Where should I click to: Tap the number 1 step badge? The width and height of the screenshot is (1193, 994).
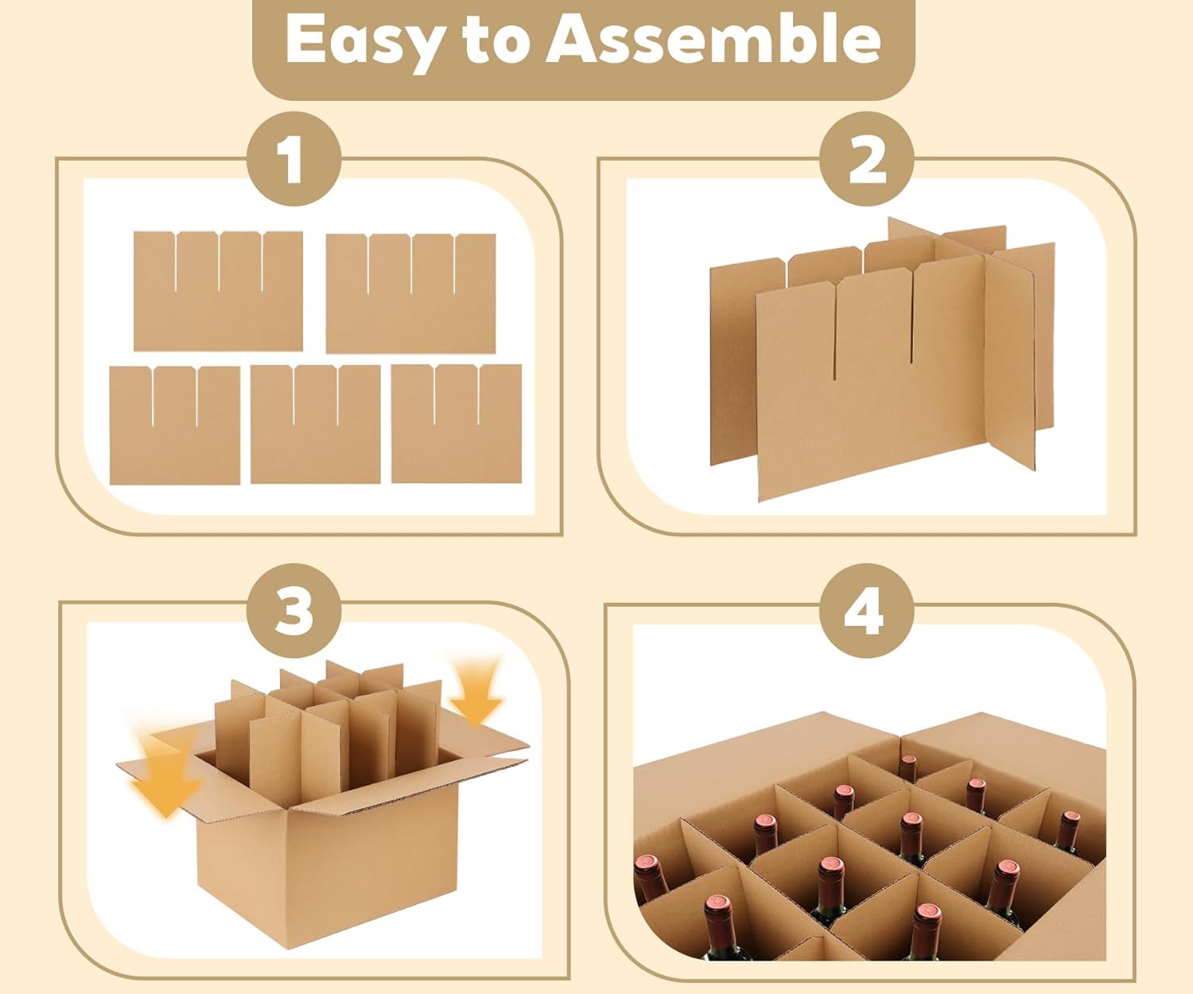click(x=293, y=159)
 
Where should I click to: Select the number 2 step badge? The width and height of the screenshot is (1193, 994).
click(x=867, y=159)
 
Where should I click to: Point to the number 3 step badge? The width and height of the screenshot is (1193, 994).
click(x=293, y=611)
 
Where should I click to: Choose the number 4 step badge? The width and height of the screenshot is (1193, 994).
click(x=867, y=611)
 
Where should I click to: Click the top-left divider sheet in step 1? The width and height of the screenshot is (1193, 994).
click(x=218, y=291)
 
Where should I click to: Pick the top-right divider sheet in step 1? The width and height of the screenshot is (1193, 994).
click(x=411, y=293)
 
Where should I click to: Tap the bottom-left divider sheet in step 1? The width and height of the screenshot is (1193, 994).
click(x=175, y=425)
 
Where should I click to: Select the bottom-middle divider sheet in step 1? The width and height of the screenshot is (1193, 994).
click(x=316, y=425)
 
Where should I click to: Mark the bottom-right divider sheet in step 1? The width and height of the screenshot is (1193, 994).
click(x=457, y=423)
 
